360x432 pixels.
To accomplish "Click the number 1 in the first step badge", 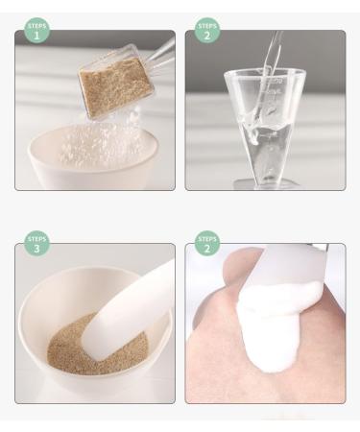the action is tap(36, 36).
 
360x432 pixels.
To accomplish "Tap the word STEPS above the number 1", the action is tap(37, 26).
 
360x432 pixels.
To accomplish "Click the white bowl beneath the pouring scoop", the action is tap(93, 156).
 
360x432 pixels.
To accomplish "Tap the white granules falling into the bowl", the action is tap(103, 141).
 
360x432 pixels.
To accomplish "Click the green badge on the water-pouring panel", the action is tap(207, 30).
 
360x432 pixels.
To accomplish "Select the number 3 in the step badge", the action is tap(36, 249).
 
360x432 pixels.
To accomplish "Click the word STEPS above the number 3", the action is tap(37, 239).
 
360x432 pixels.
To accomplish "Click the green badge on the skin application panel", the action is tap(207, 243).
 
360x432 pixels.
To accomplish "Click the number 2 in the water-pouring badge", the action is tap(207, 36).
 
